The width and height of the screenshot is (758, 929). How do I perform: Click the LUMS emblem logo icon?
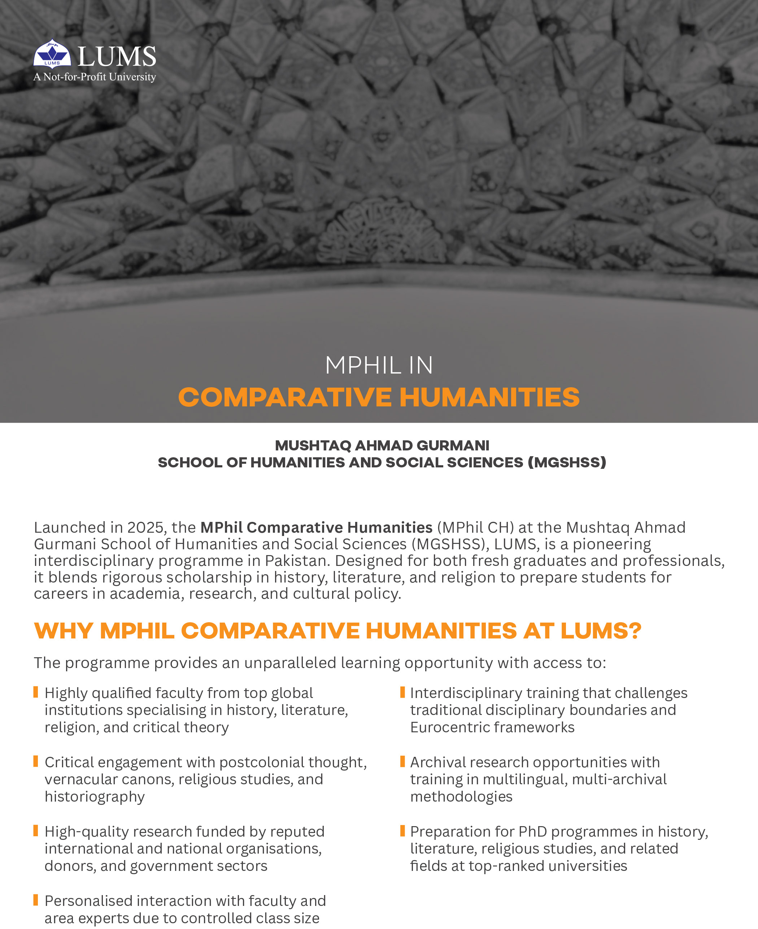pos(52,54)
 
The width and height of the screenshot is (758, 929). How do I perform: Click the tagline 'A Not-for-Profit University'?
pos(95,77)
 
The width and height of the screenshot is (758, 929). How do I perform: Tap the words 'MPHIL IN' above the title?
pos(379,365)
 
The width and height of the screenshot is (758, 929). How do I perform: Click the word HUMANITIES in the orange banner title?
pos(489,397)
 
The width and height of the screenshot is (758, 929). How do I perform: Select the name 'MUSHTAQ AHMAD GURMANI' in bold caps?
pos(382,445)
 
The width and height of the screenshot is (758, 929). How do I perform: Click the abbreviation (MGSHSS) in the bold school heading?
pos(567,462)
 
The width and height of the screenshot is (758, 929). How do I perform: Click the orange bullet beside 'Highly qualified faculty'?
pos(36,692)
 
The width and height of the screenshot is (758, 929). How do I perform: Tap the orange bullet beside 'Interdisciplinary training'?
pos(402,692)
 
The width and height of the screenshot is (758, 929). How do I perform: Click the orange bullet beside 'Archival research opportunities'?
pos(402,762)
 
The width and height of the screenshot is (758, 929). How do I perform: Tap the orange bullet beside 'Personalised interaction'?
pos(36,900)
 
